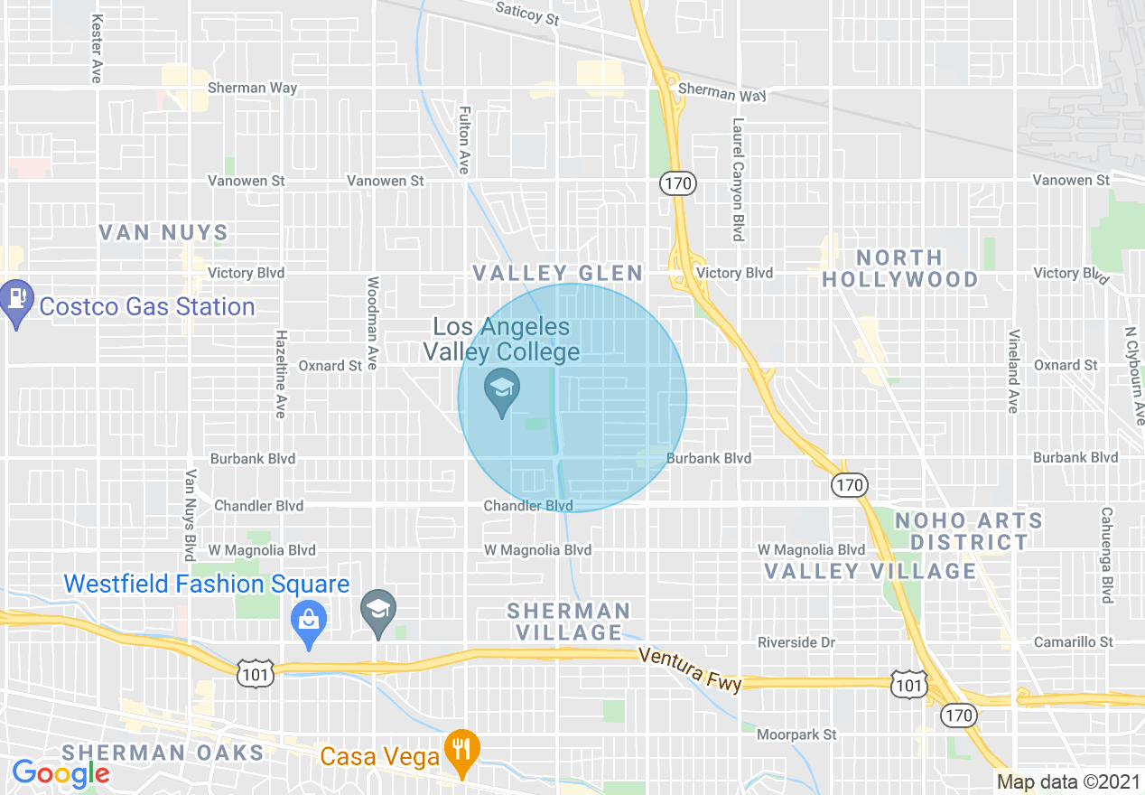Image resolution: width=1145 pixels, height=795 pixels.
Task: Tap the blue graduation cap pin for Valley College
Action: pyautogui.click(x=501, y=392)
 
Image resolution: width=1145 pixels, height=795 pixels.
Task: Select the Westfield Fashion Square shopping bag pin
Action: pyautogui.click(x=309, y=622)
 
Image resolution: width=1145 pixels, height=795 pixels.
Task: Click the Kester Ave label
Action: pyautogui.click(x=95, y=47)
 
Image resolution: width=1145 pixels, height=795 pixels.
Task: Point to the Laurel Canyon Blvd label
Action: pyautogui.click(x=739, y=179)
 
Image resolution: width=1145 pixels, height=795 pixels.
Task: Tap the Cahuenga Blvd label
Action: pyautogui.click(x=1106, y=555)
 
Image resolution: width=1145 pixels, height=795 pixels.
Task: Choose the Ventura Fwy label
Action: pyautogui.click(x=689, y=669)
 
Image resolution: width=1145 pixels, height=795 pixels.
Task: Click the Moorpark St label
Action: pyautogui.click(x=796, y=734)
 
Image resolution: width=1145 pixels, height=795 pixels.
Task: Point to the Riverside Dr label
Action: pyautogui.click(x=796, y=642)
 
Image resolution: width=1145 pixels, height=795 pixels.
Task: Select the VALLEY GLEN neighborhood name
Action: pyautogui.click(x=558, y=273)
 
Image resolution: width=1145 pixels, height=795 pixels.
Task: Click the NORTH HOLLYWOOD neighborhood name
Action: pyautogui.click(x=899, y=268)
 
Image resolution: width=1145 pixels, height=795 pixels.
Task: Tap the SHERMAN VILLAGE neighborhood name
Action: pyautogui.click(x=567, y=622)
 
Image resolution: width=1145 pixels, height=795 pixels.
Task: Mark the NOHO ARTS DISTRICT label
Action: pyautogui.click(x=968, y=531)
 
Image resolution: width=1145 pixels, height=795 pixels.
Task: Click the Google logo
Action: pyautogui.click(x=61, y=773)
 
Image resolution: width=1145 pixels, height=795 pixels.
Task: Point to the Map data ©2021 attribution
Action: pyautogui.click(x=1066, y=781)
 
